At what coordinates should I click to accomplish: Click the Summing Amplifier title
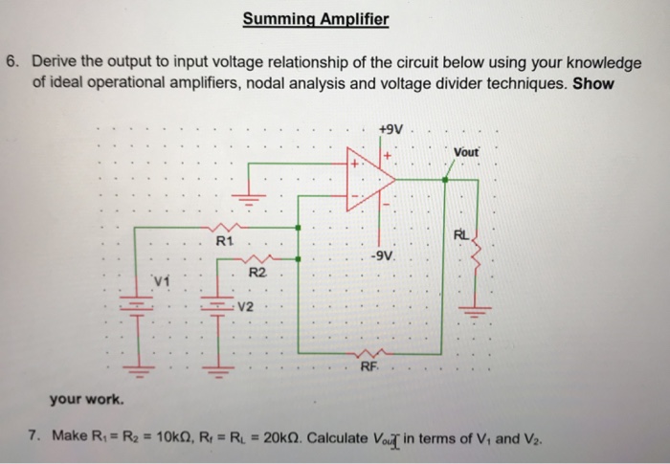tap(316, 18)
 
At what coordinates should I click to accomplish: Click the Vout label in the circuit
tap(469, 153)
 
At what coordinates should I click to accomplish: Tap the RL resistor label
tap(462, 234)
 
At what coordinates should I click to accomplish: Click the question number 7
tap(35, 437)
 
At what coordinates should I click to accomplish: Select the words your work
tap(81, 397)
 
